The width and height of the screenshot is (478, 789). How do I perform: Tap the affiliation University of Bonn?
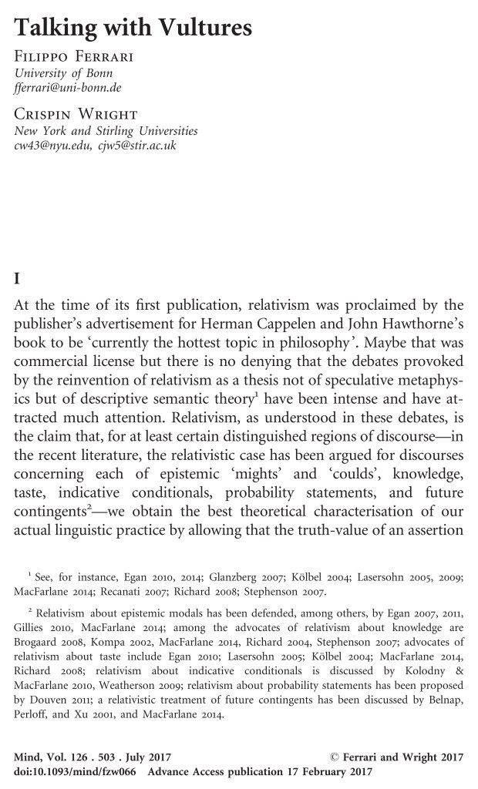[x=59, y=74]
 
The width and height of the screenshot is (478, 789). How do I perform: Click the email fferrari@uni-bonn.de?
[x=63, y=89]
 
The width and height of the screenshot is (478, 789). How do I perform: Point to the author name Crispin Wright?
[x=67, y=115]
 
